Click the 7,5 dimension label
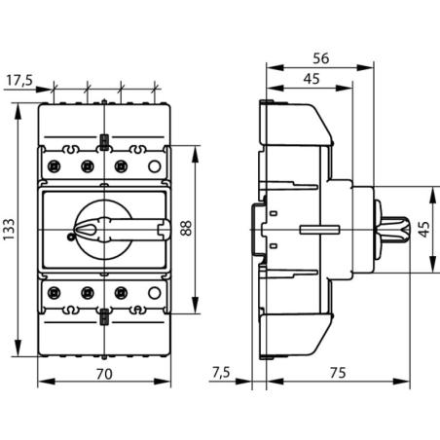coord(222,373)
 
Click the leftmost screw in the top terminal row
coord(54,166)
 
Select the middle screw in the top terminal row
coord(87,166)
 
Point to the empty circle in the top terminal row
coord(153,166)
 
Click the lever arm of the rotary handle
coord(136,229)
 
